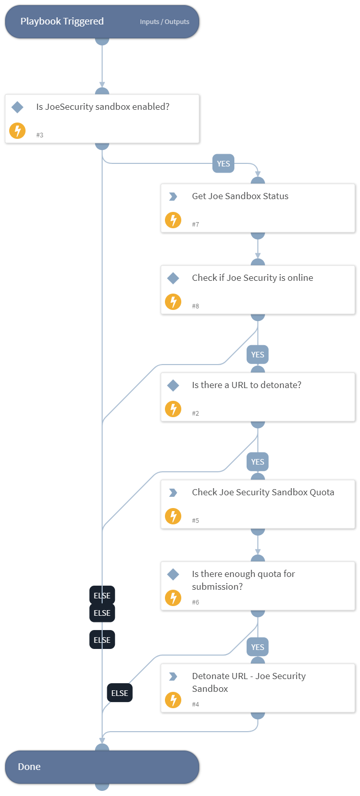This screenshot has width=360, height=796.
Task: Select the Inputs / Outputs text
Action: point(164,22)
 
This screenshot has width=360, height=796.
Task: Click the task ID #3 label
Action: point(40,135)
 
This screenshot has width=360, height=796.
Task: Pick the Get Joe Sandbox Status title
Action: point(240,196)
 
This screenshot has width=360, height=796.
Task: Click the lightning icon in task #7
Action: point(173,220)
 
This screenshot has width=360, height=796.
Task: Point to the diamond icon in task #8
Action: point(173,278)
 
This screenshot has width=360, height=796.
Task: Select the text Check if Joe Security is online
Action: point(252,278)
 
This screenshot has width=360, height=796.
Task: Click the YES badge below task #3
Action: point(223,163)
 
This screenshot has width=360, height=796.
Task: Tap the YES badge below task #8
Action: point(258,354)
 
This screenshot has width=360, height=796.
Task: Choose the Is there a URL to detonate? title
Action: point(247,385)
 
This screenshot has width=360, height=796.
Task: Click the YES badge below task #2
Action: point(258,462)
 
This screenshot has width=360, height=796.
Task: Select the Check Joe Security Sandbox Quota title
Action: point(263,492)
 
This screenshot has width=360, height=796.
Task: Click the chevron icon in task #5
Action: point(173,493)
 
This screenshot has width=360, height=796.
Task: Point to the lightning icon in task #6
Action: point(173,598)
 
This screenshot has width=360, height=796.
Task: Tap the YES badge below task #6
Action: point(258,647)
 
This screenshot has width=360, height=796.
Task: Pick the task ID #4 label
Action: point(196,705)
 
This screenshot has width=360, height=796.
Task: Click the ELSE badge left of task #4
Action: point(119,693)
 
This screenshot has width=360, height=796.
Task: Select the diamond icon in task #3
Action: point(17,107)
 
